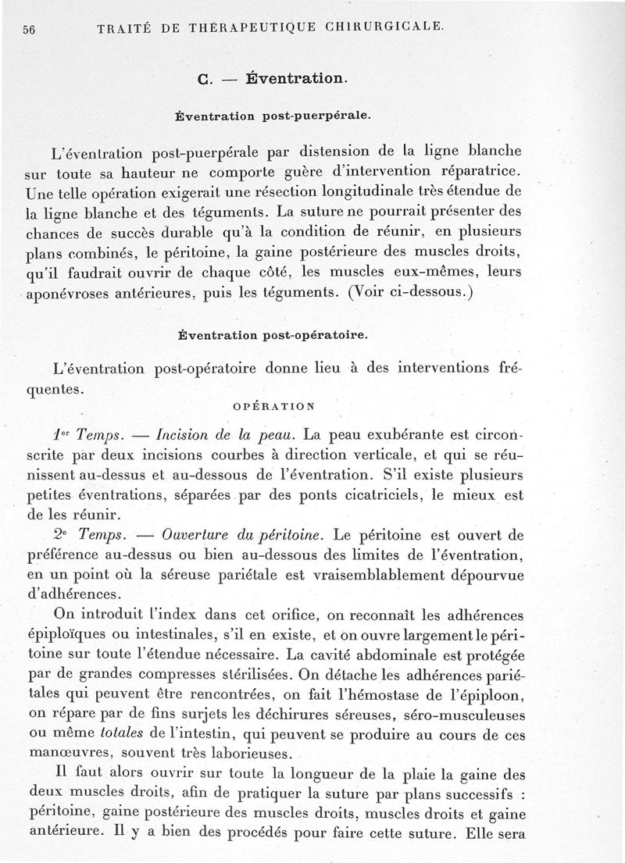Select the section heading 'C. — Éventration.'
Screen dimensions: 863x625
point(271,78)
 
